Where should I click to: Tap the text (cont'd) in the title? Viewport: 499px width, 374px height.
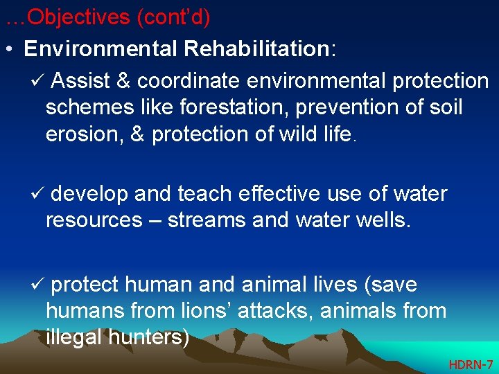click(173, 17)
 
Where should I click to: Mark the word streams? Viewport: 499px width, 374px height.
click(205, 220)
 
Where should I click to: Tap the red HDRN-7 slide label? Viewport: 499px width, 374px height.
click(471, 364)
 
